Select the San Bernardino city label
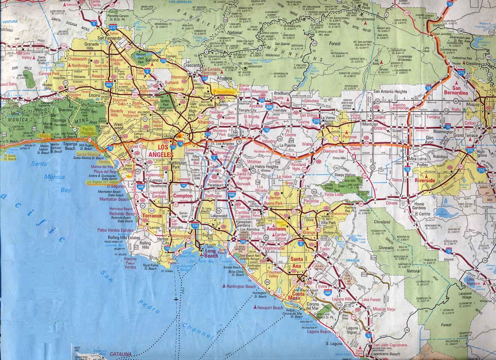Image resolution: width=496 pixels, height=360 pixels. point(456,90)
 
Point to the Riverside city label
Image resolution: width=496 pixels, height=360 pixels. point(425,180)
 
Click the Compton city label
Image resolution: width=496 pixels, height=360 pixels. point(183,196)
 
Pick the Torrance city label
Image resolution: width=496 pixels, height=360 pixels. point(152,216)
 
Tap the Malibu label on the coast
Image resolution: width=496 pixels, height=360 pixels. point(45,136)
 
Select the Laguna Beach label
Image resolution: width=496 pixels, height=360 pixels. point(319,331)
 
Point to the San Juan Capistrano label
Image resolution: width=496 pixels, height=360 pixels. point(390,345)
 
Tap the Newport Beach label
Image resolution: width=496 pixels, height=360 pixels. point(270,308)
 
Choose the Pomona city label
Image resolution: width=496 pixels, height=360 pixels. point(349,137)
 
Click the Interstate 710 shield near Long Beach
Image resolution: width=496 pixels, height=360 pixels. point(195,226)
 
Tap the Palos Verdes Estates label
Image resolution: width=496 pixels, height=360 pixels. point(115,230)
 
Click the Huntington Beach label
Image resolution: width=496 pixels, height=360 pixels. point(241,286)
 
